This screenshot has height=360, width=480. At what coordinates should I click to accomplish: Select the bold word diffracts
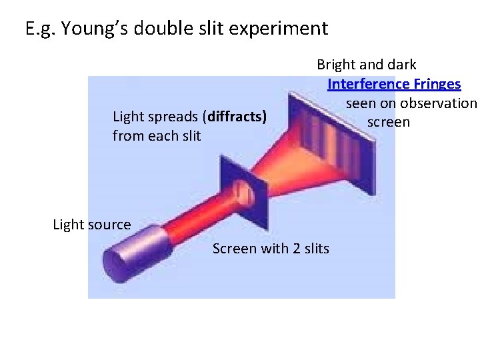click(x=237, y=117)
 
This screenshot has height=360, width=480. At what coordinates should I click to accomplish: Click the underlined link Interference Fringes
click(x=394, y=84)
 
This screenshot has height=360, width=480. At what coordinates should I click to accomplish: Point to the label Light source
click(x=92, y=225)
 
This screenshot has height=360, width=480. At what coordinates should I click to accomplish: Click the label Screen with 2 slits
click(x=271, y=249)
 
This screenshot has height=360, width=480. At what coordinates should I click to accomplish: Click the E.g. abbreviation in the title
click(x=39, y=29)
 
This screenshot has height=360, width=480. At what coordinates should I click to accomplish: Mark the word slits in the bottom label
click(x=314, y=249)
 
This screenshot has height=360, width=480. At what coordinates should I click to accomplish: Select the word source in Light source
click(x=111, y=225)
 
